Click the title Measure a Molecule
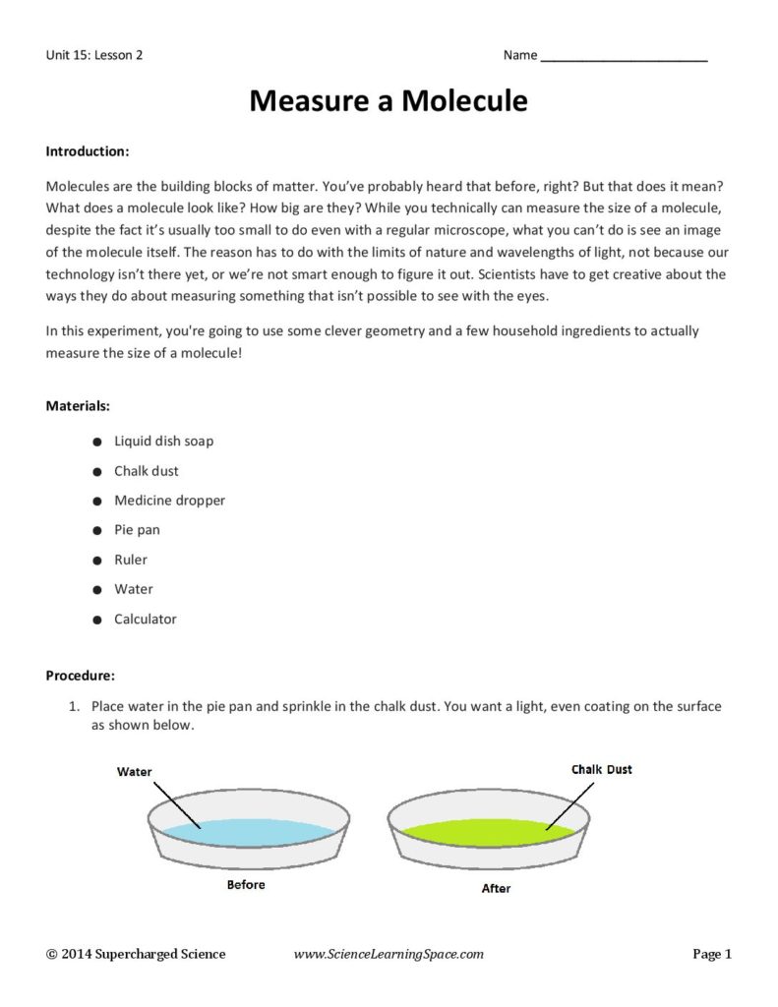coord(389,101)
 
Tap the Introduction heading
coord(88,152)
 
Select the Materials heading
coord(78,405)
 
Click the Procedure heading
coord(81,676)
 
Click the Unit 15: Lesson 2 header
coord(94,56)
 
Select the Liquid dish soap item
coord(163,441)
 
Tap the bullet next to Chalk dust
coord(95,472)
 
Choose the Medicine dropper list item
coord(169,501)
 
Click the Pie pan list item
coord(137,530)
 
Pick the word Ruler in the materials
coord(131,560)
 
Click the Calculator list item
coord(146,620)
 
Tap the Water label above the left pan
coord(135,772)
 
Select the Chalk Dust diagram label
coord(601,769)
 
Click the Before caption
coord(246,885)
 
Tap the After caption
coord(496,889)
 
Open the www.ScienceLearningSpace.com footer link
coord(389,954)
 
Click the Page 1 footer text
coord(712,954)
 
